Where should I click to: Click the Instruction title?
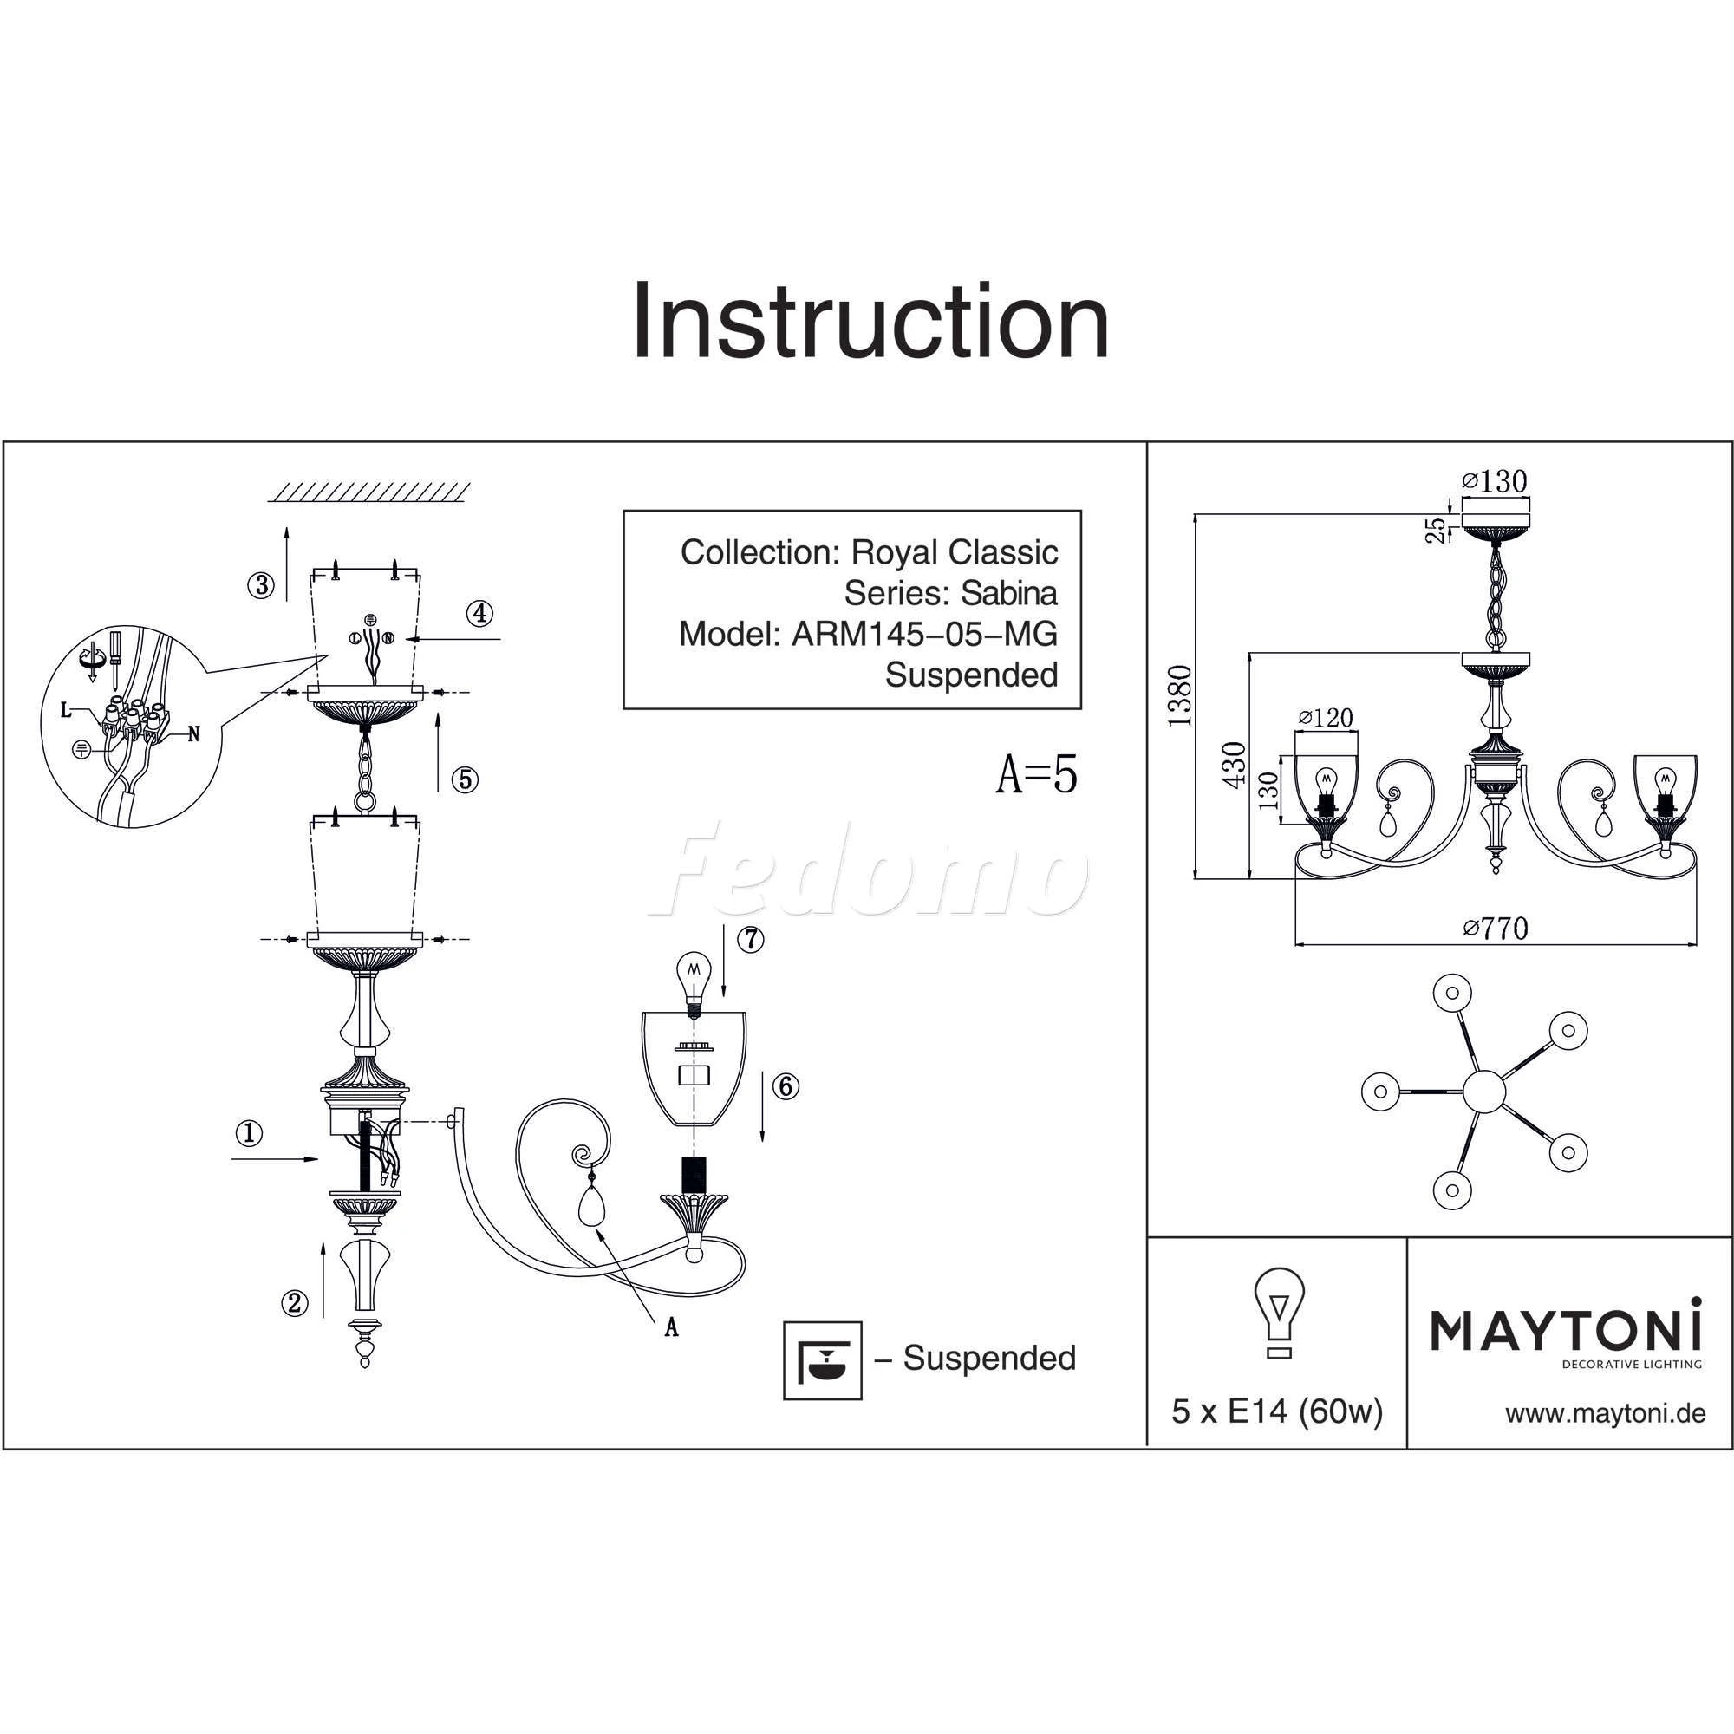point(870,322)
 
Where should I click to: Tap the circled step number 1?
point(249,1133)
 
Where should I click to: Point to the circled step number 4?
point(480,614)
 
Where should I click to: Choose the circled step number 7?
point(750,940)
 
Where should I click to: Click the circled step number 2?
point(295,1303)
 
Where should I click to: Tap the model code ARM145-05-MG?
point(923,635)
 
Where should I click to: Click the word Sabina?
point(1009,593)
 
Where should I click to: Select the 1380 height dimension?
point(1180,695)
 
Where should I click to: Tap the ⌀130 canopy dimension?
point(1495,482)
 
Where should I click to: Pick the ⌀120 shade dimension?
point(1326,718)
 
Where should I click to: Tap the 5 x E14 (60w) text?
point(1276,1412)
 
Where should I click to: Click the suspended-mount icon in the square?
point(822,1360)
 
